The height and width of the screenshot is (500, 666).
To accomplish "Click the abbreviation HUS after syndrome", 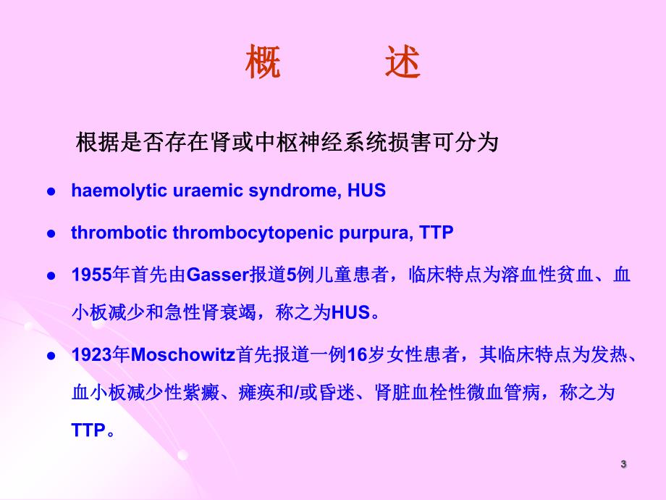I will pos(367,191).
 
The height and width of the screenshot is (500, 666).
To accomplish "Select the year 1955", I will pos(91,275).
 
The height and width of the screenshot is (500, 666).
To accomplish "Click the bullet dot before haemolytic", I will pos(51,192).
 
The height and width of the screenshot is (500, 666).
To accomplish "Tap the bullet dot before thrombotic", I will pos(51,234).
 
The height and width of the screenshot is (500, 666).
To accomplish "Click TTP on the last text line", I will pos(88,430).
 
